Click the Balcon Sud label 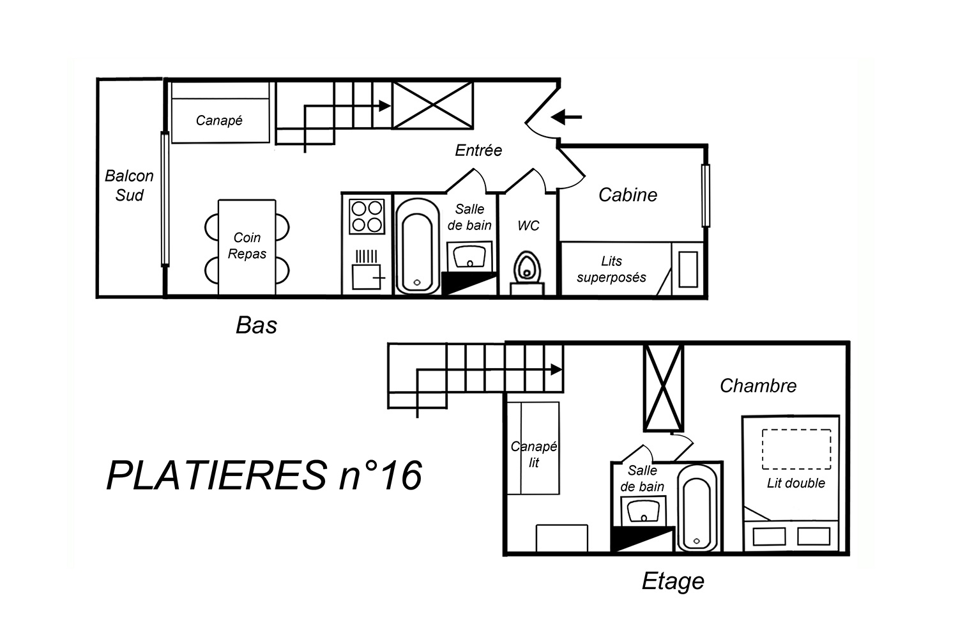click(129, 185)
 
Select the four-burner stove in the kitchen click(367, 217)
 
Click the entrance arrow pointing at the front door click(566, 116)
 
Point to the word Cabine click(627, 195)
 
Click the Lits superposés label click(611, 269)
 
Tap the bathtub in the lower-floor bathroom click(418, 246)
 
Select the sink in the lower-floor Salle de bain click(469, 256)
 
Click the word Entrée click(478, 150)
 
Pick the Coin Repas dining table click(247, 247)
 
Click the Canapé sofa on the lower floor click(220, 112)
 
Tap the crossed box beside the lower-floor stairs click(433, 105)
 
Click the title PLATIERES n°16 click(264, 475)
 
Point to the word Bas click(256, 325)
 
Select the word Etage click(673, 581)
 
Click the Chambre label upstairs click(758, 385)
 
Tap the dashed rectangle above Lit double click(796, 449)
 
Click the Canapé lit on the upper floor click(533, 448)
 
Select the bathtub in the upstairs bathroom click(697, 508)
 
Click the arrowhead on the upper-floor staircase click(556, 369)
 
